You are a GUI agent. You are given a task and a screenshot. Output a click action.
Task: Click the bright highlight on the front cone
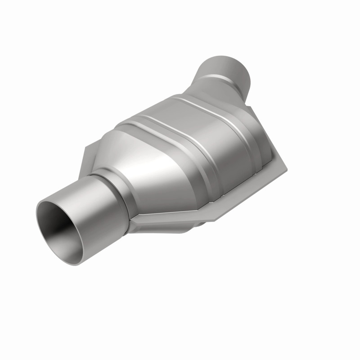point(130,162)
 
